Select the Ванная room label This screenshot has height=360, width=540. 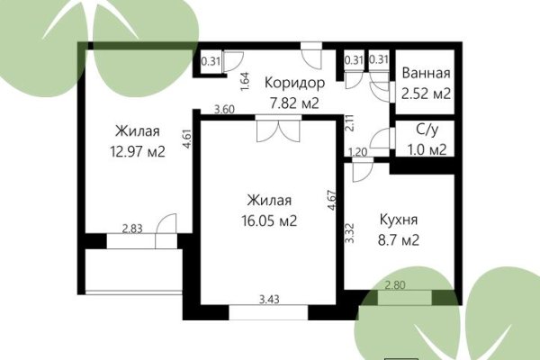click(x=426, y=74)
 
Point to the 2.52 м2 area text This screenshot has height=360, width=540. click(x=426, y=92)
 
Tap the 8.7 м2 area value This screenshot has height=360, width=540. click(x=397, y=240)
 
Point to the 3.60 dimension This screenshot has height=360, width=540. click(x=224, y=110)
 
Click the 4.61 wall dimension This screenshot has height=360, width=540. click(x=186, y=142)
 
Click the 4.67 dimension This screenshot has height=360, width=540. click(x=332, y=199)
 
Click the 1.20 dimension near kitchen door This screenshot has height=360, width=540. click(x=357, y=152)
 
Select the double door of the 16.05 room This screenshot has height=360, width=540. click(x=273, y=132)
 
